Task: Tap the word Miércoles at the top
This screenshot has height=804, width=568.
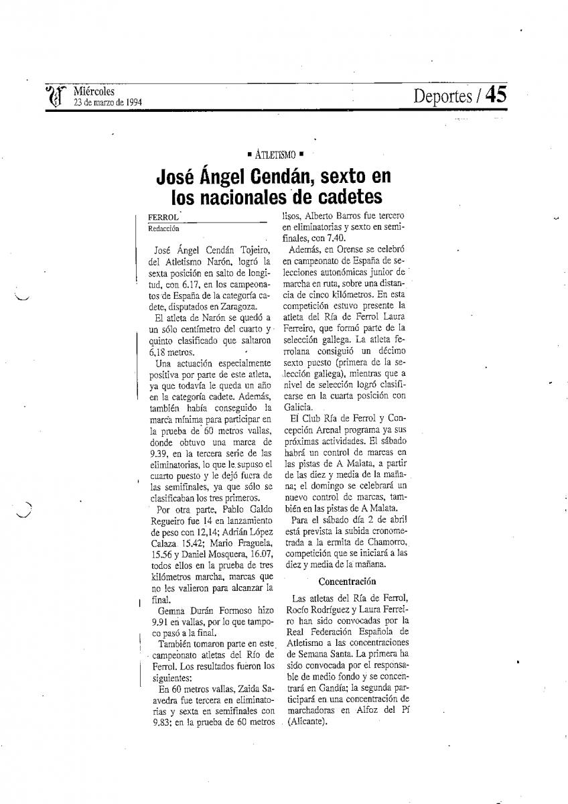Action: point(94,91)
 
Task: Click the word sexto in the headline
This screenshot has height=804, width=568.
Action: point(349,177)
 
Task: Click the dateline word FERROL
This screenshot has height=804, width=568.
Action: point(163,218)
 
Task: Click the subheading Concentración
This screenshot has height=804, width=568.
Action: point(347,582)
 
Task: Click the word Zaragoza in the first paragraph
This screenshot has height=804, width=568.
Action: point(226,306)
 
